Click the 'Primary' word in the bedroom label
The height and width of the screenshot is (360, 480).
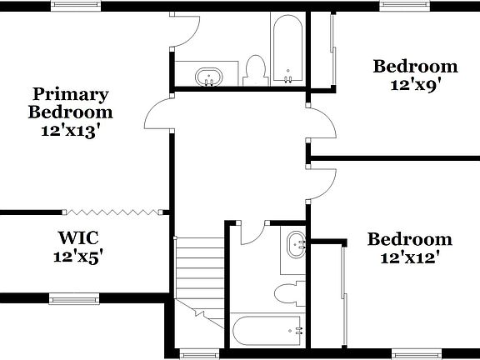point(70,93)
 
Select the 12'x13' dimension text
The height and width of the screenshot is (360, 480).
point(70,131)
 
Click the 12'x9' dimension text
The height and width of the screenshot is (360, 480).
point(415,83)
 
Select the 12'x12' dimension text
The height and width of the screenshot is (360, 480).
point(409,257)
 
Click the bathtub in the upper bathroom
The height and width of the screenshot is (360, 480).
point(288,49)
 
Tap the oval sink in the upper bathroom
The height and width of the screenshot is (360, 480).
point(207,77)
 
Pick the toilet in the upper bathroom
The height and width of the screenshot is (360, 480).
point(256,71)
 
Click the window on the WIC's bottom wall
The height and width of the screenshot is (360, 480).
point(74,297)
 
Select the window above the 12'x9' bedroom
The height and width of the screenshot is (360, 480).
point(405,5)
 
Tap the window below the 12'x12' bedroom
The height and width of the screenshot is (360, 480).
point(416,353)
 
